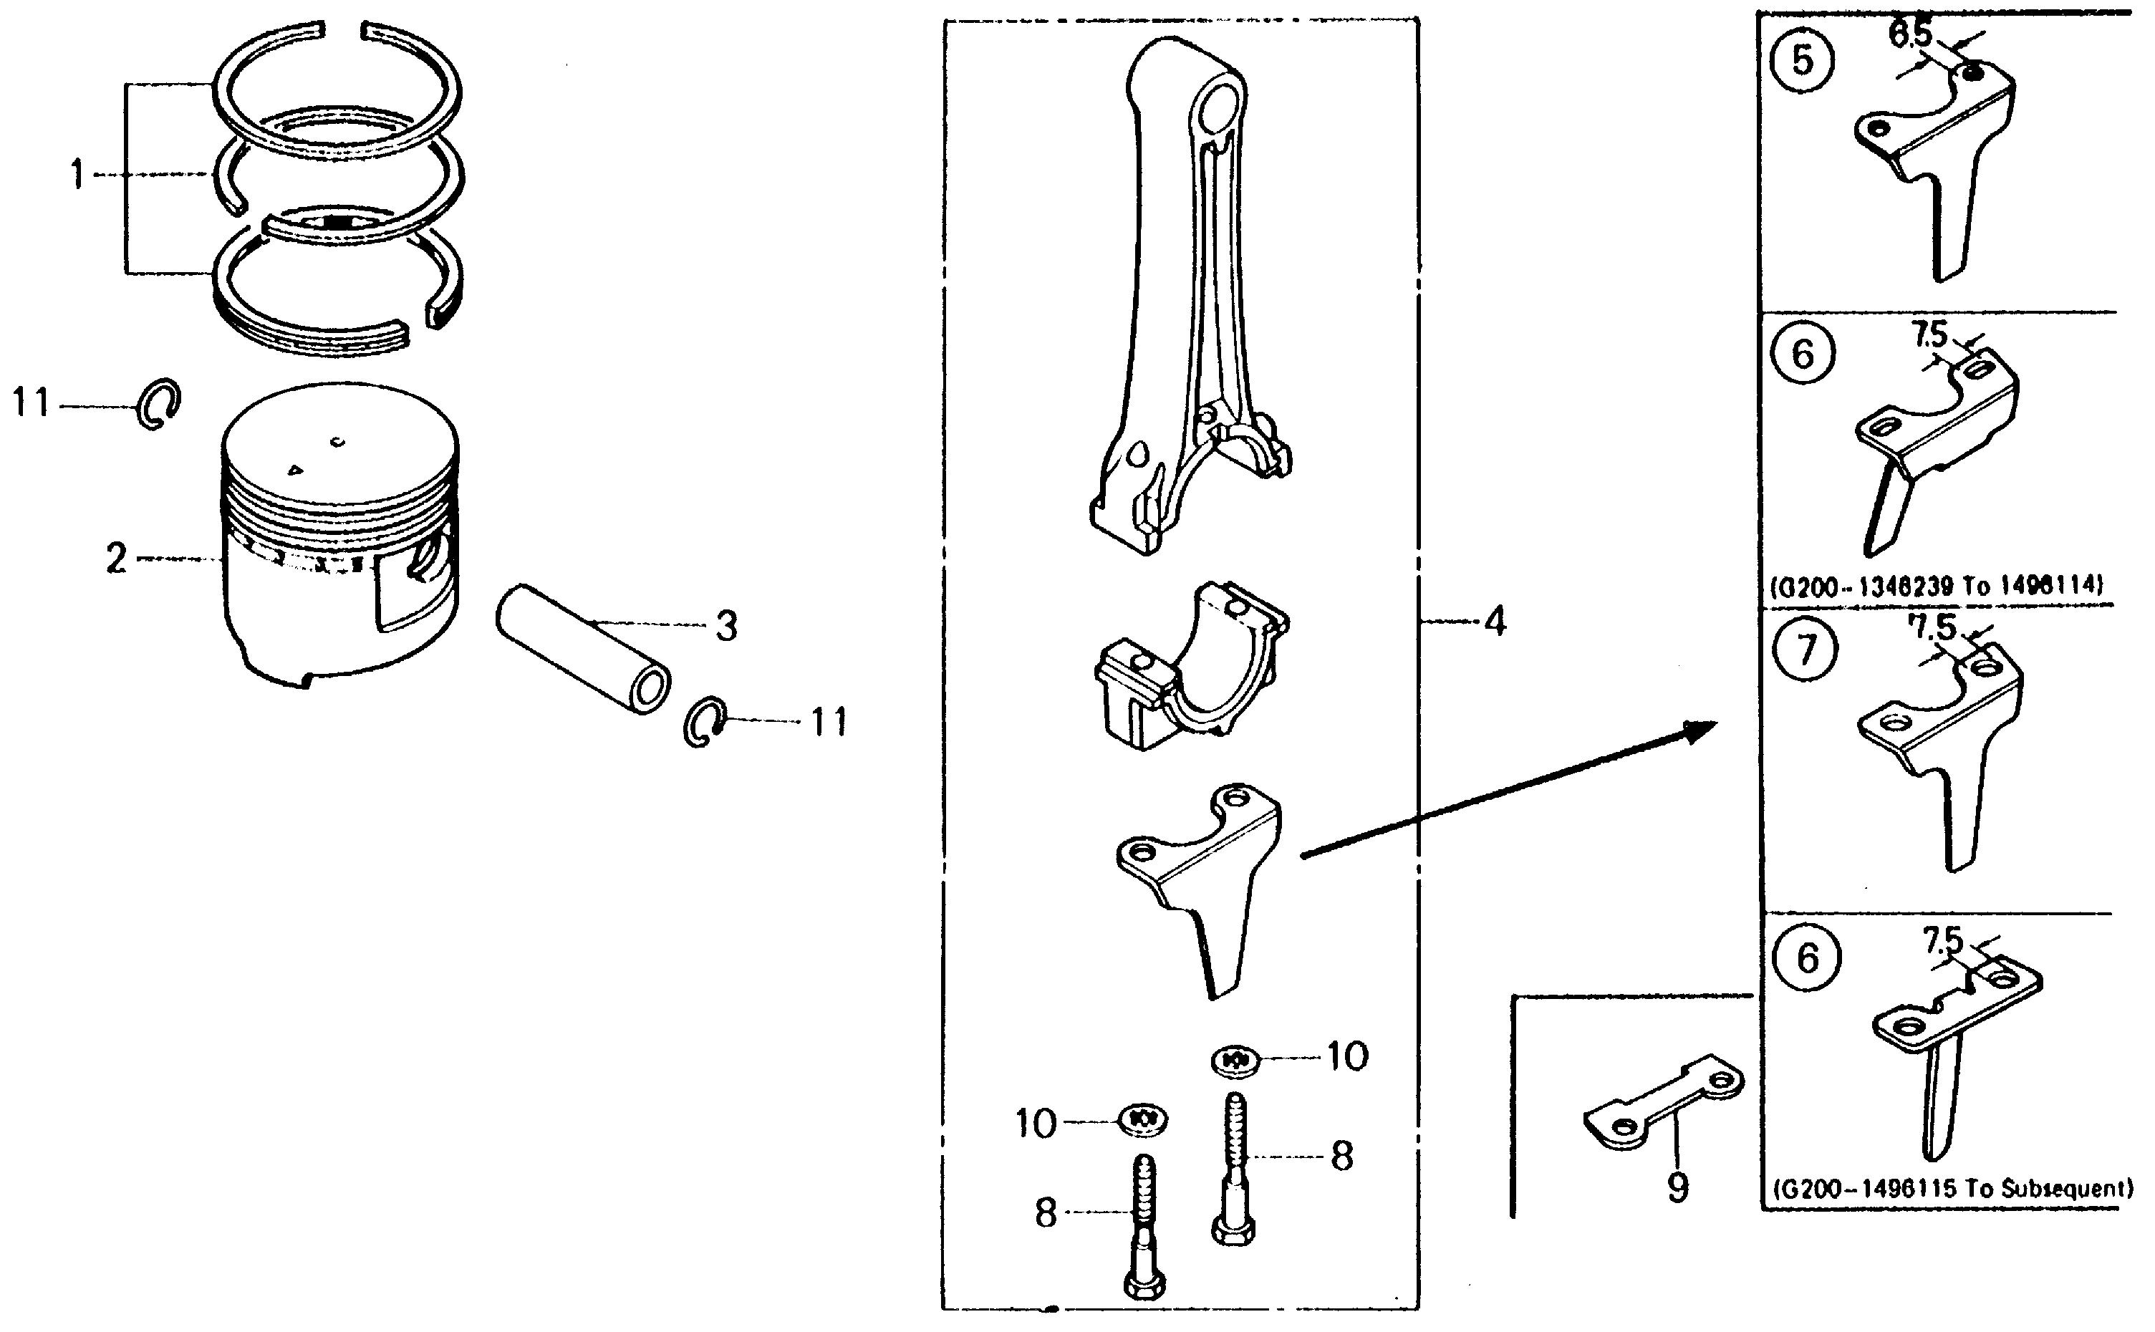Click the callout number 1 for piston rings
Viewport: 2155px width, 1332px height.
pos(77,175)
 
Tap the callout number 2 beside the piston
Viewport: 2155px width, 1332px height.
pos(116,559)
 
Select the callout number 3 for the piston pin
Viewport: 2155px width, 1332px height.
pos(726,627)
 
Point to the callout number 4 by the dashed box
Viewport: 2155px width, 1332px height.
pos(1495,622)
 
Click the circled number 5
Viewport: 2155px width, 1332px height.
pos(1803,61)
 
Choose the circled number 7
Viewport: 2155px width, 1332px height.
pos(1806,650)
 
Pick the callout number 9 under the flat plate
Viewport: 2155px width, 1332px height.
pos(1678,1187)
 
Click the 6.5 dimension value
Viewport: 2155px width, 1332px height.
pos(1910,35)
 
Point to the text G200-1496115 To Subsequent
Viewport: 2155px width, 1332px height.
pos(1952,1187)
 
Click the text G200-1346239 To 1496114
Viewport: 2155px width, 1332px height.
pos(1937,585)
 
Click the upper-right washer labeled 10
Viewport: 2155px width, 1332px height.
pos(1235,1061)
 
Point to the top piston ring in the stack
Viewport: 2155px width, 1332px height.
pos(337,88)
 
